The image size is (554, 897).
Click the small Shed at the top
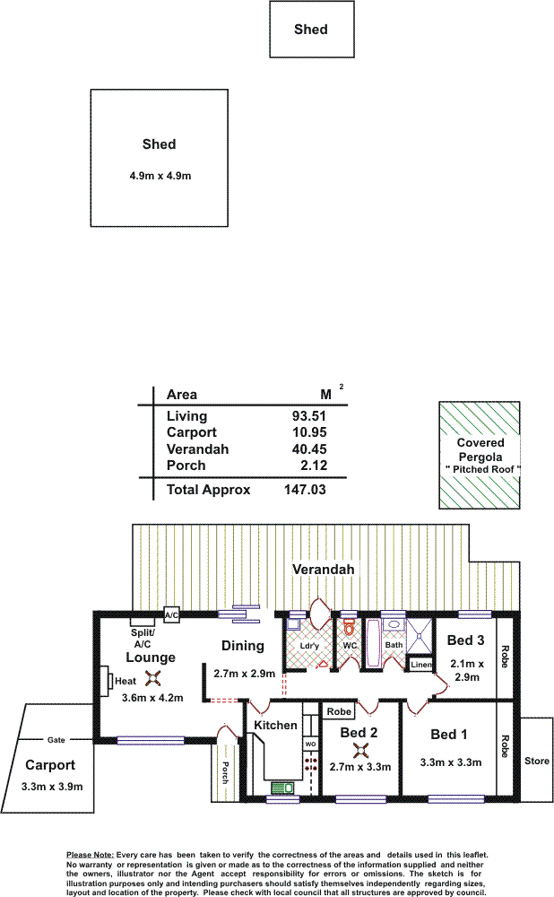pos(312,30)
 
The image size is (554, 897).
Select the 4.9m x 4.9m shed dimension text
pos(160,176)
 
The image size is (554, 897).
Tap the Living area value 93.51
pos(308,416)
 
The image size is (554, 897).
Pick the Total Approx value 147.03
pos(305,490)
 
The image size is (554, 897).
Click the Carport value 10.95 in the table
pos(309,432)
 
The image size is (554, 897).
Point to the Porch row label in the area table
pos(186,466)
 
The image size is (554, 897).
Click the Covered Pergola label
pos(480,449)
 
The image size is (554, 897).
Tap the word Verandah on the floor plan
pos(323,570)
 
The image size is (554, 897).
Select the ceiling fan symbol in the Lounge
pos(153,678)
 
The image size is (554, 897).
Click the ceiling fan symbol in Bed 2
pos(360,749)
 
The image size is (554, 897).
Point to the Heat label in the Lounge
pos(126,681)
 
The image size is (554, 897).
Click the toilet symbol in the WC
pos(349,629)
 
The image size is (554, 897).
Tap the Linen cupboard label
pos(421,664)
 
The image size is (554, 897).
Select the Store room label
pos(537,761)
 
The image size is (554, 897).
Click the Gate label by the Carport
pos(56,740)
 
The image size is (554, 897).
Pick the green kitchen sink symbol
pos(281,788)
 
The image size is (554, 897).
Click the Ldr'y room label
pos(309,646)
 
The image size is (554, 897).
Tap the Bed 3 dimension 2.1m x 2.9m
pos(467,670)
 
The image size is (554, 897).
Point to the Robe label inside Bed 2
pos(339,711)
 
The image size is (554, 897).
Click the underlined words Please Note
pos(91,855)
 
